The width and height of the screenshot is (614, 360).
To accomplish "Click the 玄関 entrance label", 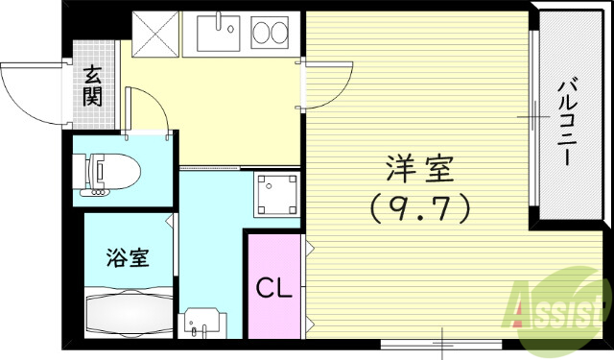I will point(93,84).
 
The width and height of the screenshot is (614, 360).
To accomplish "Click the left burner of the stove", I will point(263,34).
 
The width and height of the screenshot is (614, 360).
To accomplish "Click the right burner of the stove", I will point(283,34).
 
